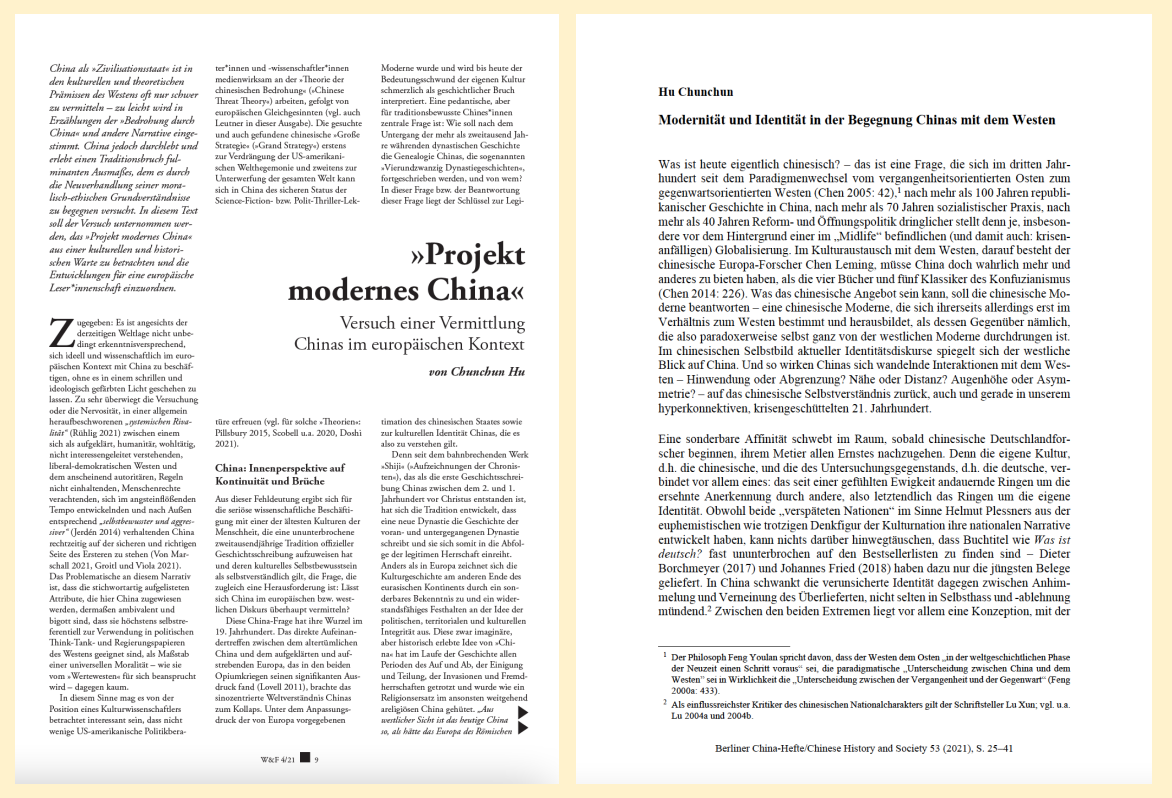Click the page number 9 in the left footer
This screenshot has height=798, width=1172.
(316, 758)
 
